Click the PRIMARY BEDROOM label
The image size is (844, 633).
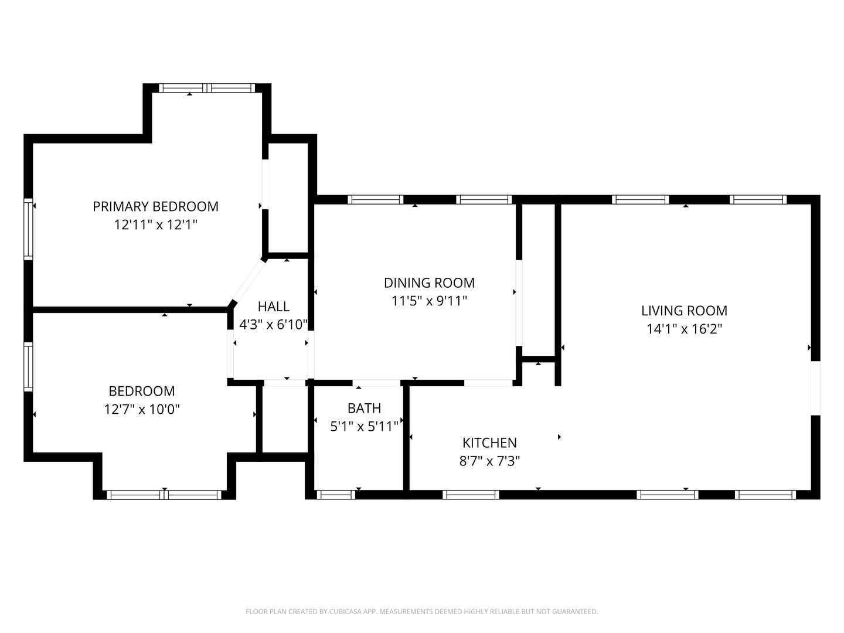pyautogui.click(x=155, y=207)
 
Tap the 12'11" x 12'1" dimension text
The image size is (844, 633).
pyautogui.click(x=155, y=224)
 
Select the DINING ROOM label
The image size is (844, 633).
pyautogui.click(x=429, y=283)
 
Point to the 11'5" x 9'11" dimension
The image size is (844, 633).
pyautogui.click(x=429, y=301)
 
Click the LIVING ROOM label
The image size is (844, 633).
pyautogui.click(x=684, y=311)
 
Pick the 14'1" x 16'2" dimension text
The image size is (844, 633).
pyautogui.click(x=684, y=329)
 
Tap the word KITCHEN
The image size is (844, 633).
pyautogui.click(x=489, y=443)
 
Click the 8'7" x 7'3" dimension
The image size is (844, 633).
pyautogui.click(x=489, y=461)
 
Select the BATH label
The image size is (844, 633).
pyautogui.click(x=364, y=408)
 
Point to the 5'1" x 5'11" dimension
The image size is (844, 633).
pyautogui.click(x=364, y=426)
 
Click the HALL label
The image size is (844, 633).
pyautogui.click(x=273, y=307)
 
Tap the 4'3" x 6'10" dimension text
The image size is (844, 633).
pyautogui.click(x=273, y=325)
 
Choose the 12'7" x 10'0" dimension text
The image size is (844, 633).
pyautogui.click(x=142, y=409)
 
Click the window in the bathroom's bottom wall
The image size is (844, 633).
pyautogui.click(x=336, y=495)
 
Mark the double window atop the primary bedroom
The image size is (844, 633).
pyautogui.click(x=207, y=88)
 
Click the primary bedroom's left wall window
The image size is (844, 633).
pyautogui.click(x=29, y=229)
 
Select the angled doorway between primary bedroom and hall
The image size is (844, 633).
pyautogui.click(x=249, y=282)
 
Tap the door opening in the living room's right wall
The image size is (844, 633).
pyautogui.click(x=815, y=388)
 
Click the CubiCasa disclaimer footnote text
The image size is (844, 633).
pyautogui.click(x=422, y=611)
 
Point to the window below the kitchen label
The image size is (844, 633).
pyautogui.click(x=471, y=495)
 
